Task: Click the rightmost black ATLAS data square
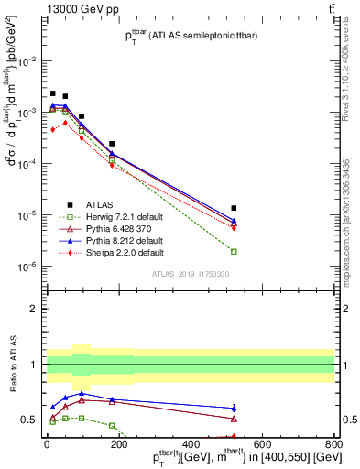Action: pos(234,208)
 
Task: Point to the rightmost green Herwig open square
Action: pos(234,251)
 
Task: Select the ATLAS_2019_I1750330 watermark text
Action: pos(190,273)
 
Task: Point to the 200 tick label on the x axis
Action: pos(118,445)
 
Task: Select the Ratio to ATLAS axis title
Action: pos(14,366)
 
